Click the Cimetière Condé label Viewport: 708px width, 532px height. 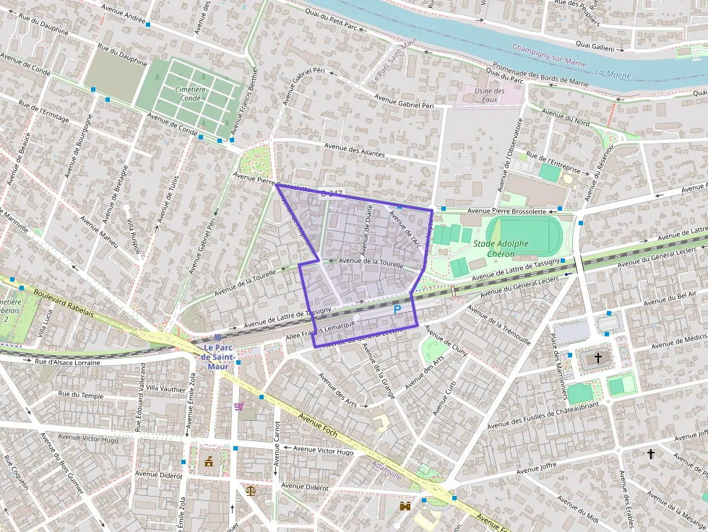[x=191, y=93]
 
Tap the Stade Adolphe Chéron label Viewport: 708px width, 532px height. [x=501, y=249]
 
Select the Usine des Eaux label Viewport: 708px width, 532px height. [x=489, y=95]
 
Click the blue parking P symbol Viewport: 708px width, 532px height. [x=397, y=310]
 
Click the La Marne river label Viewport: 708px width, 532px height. [x=613, y=73]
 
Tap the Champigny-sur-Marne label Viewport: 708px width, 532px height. [x=548, y=56]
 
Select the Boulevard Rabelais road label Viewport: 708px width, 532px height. [x=63, y=302]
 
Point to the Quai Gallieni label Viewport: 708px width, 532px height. [x=595, y=47]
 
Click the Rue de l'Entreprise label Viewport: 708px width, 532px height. [x=553, y=162]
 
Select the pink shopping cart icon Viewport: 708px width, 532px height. [x=238, y=406]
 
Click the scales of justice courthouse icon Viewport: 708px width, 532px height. [x=250, y=490]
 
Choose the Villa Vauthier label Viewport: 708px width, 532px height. [x=165, y=388]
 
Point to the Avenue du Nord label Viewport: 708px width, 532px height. [x=566, y=118]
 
